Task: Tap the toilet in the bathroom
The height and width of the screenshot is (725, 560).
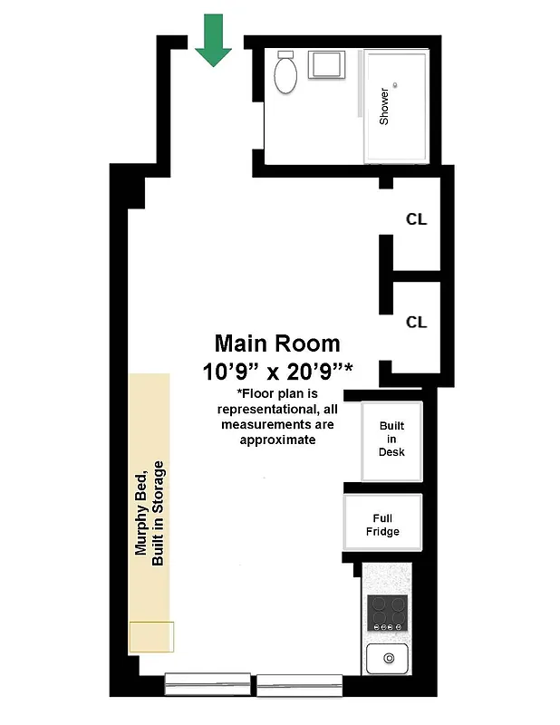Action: click(286, 74)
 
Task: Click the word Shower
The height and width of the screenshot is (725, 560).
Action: click(384, 106)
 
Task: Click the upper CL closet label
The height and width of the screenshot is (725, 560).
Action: click(416, 219)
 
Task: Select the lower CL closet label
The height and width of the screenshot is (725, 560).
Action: click(416, 322)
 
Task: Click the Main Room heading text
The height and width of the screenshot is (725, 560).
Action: click(277, 343)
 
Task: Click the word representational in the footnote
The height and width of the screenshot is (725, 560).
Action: click(277, 409)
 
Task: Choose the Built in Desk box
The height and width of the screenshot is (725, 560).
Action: click(391, 440)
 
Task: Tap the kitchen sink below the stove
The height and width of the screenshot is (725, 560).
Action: click(389, 657)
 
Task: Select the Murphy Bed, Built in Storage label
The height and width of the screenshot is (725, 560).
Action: click(150, 512)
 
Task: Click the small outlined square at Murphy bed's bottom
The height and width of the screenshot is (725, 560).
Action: click(150, 637)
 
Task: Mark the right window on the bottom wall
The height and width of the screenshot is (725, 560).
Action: click(299, 686)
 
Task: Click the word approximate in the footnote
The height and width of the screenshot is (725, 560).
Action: click(277, 440)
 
